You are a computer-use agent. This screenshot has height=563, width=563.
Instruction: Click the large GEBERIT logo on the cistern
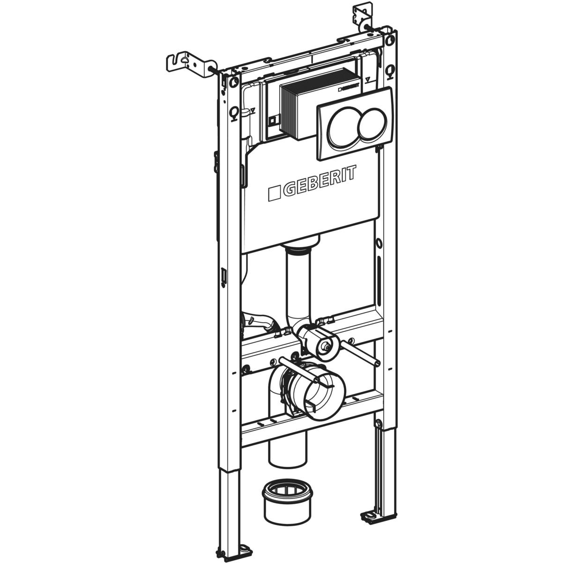312,183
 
